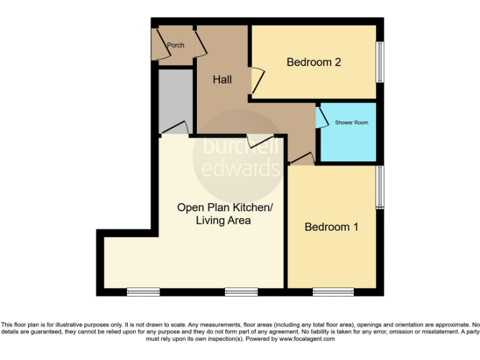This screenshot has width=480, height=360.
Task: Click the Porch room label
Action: pyautogui.click(x=176, y=45)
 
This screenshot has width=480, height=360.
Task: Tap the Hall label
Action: pyautogui.click(x=222, y=79)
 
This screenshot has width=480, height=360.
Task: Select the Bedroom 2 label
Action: pyautogui.click(x=313, y=62)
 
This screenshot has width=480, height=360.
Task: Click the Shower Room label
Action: pyautogui.click(x=351, y=122)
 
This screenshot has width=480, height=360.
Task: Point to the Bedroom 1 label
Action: pyautogui.click(x=331, y=227)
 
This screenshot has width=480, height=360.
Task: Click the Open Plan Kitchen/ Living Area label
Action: pyautogui.click(x=224, y=214)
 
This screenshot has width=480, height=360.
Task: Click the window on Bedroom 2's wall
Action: pyautogui.click(x=379, y=61)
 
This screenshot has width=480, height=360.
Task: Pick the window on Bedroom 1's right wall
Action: pyautogui.click(x=379, y=187)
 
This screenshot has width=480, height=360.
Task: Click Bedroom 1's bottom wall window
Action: pyautogui.click(x=333, y=291)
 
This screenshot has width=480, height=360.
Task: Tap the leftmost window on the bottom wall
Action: pyautogui.click(x=143, y=291)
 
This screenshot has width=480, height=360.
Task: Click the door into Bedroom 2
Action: pyautogui.click(x=257, y=81)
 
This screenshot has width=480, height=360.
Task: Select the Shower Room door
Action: pyautogui.click(x=321, y=117)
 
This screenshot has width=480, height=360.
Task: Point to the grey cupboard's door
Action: pyautogui.click(x=175, y=127)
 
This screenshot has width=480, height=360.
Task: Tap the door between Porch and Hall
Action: pyautogui.click(x=200, y=44)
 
